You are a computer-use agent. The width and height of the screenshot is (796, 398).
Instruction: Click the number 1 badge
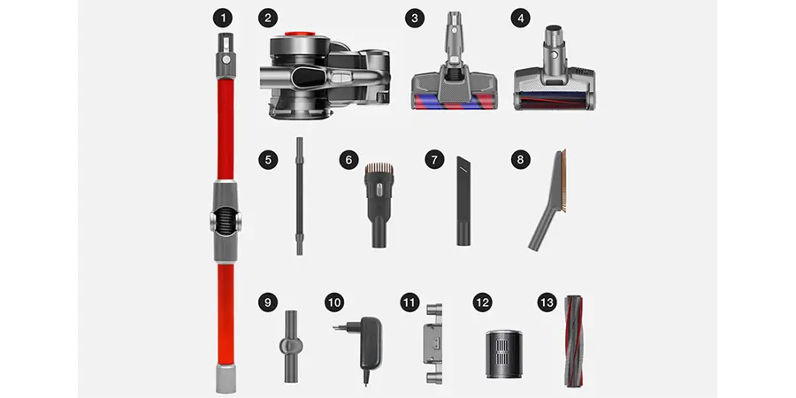coord(222,19)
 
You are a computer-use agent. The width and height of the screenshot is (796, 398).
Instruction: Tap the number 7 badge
coord(434,160)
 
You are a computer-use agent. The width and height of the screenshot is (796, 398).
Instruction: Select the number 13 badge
coord(547,303)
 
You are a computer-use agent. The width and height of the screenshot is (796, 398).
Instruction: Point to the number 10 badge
coord(334,303)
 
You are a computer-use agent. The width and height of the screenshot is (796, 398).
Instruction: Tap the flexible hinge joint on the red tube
coord(226,222)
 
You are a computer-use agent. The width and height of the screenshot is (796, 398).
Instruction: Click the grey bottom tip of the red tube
coord(226,379)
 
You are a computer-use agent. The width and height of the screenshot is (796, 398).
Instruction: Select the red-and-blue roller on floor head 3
coord(455,101)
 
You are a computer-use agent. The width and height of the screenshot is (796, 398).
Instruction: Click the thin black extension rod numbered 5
coord(300,195)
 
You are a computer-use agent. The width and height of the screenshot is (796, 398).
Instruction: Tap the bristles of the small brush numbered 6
coord(379,168)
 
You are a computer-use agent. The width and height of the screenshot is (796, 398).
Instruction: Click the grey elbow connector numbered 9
coord(291,346)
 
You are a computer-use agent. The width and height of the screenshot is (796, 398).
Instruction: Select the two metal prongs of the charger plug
coord(339,328)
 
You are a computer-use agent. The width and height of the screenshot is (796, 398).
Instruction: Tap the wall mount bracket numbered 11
coord(433,344)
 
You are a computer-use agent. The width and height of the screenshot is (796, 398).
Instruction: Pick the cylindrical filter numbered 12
coord(504,354)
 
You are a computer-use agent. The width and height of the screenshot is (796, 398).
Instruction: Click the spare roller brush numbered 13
coord(573,341)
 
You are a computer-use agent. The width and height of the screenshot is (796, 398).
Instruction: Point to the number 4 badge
coord(520,19)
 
